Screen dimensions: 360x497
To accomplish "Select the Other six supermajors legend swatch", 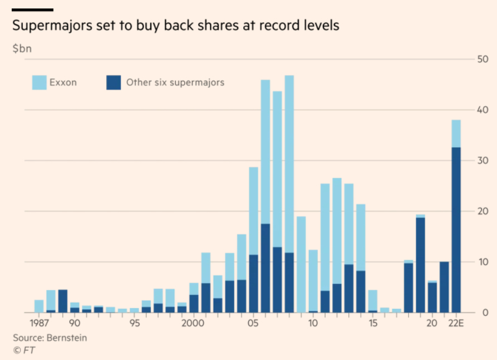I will [x=113, y=82].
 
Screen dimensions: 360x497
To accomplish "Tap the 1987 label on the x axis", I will [x=38, y=323].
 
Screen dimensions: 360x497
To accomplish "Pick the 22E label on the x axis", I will [x=456, y=323].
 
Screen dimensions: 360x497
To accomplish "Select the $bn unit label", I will [x=22, y=48].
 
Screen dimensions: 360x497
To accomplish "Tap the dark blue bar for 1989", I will [x=62, y=301].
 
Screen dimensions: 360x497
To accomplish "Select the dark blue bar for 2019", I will [x=420, y=265].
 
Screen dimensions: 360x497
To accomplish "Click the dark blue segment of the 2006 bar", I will [x=265, y=268].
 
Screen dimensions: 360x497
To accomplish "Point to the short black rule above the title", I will [x=33, y=10].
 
